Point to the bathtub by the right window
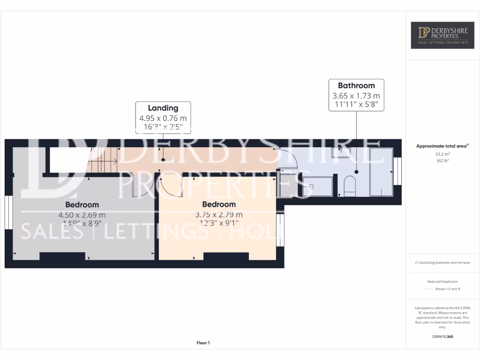point(381,172)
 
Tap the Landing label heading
point(163,108)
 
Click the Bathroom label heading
point(356,85)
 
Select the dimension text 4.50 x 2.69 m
point(82,215)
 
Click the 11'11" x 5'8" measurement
point(356,104)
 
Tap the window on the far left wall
point(8,212)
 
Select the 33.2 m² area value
point(442,154)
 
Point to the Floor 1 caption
point(203,343)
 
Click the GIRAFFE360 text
point(442,337)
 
